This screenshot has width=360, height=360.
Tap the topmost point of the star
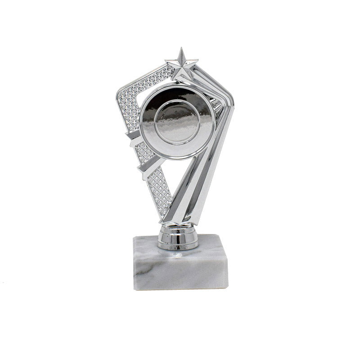pyautogui.click(x=182, y=48)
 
